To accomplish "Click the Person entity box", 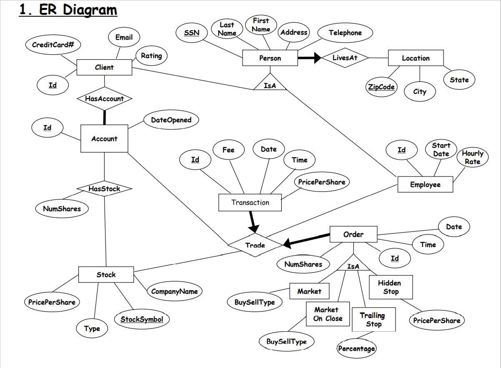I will point(270,58).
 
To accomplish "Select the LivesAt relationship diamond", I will point(345,58).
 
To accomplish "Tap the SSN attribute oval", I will point(191,33).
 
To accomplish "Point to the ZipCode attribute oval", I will point(381,87).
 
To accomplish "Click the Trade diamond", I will point(255,245).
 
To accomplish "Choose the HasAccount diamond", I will point(104,99).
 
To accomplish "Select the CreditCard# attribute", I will point(53,45).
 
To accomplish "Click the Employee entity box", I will point(425,184).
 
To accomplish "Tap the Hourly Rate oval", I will point(472,157).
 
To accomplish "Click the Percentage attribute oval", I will point(356,348).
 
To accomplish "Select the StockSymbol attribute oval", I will point(142,319).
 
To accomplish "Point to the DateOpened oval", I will point(171,120).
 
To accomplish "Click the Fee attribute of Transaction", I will point(228,150).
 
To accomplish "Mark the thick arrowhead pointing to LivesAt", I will point(316,58).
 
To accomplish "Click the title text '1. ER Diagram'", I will point(68,10).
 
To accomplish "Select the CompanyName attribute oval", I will point(174,291).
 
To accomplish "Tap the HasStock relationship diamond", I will point(104,189).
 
